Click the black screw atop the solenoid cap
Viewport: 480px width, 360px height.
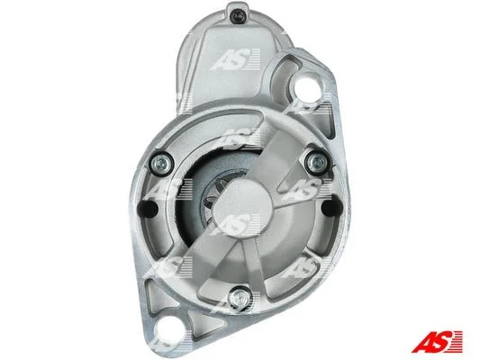click(238, 14)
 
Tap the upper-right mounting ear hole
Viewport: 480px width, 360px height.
click(307, 86)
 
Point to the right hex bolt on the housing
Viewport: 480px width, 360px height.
click(318, 160)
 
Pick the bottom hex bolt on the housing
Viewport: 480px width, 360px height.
click(239, 296)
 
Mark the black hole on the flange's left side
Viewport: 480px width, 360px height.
click(148, 208)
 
